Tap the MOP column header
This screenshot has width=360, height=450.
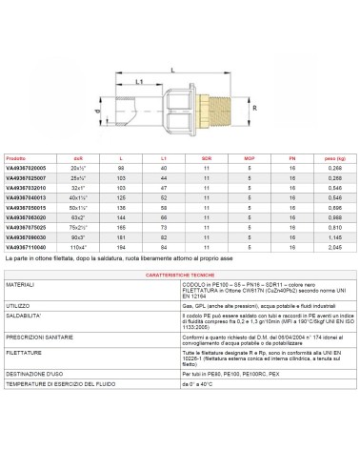point(248,158)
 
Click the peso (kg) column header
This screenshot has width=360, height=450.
point(331,158)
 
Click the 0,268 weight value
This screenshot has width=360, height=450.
point(331,167)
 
